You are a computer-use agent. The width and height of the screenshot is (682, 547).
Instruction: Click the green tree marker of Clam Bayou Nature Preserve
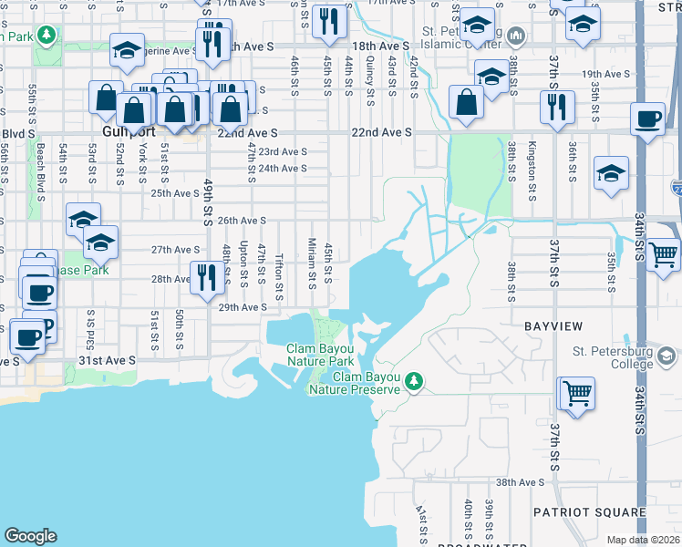pos(415,380)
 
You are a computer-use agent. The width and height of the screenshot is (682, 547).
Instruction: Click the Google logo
pos(30,536)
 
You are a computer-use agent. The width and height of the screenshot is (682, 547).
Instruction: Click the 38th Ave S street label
pos(520,482)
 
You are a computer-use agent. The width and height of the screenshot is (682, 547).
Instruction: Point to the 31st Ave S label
pos(107,361)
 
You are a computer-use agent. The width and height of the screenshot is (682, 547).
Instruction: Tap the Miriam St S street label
pos(311,262)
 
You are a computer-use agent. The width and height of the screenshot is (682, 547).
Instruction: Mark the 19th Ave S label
pos(606,74)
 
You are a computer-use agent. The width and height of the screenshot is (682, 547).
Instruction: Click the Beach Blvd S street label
pos(40,168)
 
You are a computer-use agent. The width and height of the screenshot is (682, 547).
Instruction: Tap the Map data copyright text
pos(643,540)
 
